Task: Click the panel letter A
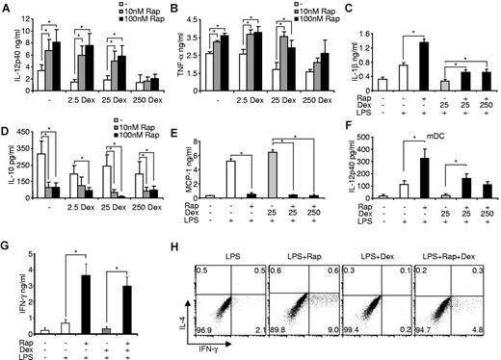6,8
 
